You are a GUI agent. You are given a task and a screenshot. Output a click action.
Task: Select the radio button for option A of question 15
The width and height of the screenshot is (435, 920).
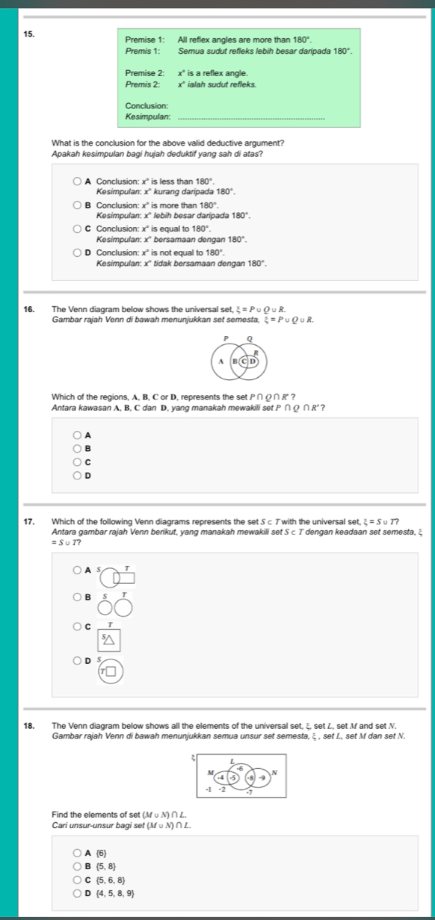pos(78,181)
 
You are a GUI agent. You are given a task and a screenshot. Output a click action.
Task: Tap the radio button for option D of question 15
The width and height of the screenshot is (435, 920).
pos(78,255)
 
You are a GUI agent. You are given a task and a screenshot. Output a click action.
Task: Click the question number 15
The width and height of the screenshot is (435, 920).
pos(28,34)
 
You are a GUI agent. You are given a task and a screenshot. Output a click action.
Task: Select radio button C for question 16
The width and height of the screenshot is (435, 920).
pos(78,462)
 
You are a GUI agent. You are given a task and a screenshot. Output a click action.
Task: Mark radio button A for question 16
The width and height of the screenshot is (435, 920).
pos(78,435)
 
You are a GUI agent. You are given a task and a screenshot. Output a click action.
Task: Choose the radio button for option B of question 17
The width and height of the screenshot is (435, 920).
pos(78,597)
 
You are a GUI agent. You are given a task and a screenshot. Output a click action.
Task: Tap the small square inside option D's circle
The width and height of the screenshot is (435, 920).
pos(110,671)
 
